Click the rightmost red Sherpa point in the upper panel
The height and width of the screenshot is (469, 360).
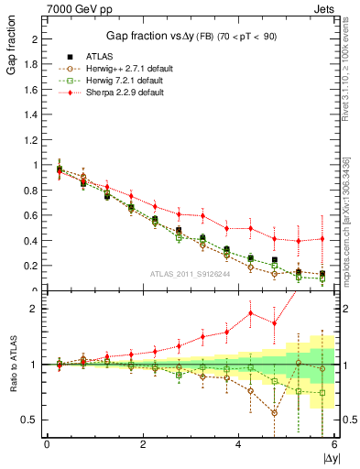pyautogui.click(x=322, y=239)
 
